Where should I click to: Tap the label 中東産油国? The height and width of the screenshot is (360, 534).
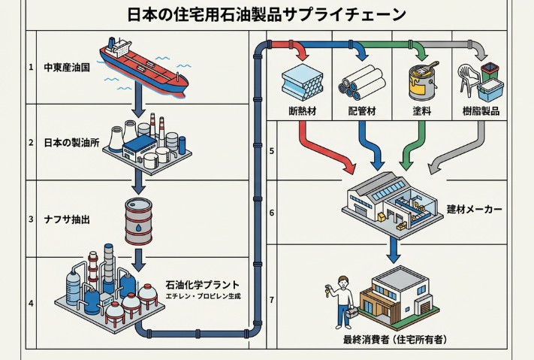click(67, 67)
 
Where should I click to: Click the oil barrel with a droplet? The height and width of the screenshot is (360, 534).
click(139, 220)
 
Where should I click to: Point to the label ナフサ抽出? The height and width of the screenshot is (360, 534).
click(67, 219)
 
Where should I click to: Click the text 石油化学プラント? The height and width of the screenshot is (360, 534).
click(203, 284)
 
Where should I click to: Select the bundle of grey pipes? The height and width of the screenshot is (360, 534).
click(359, 80)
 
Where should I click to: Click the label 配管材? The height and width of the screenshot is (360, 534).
click(362, 111)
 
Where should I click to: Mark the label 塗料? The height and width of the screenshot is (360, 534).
click(421, 111)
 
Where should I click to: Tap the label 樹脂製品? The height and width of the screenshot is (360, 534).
click(481, 111)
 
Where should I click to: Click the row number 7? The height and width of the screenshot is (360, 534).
click(272, 300)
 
